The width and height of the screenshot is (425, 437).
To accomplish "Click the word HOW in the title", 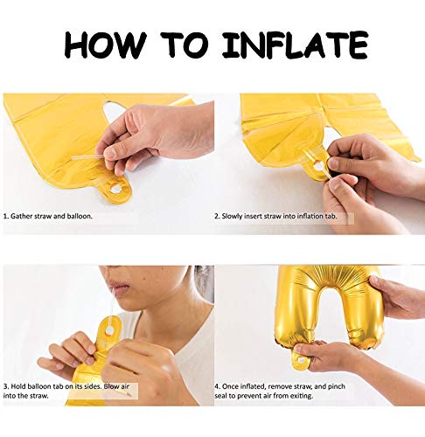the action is (x=105, y=45).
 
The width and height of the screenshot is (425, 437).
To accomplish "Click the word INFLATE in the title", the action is (x=295, y=45).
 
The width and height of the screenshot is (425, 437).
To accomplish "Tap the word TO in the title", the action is (x=185, y=45).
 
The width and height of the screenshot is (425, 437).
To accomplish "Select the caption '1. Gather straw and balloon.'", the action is (x=48, y=216).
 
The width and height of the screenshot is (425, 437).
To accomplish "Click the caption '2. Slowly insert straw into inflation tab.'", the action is (x=275, y=216).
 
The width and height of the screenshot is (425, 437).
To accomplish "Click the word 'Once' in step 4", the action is (x=231, y=386).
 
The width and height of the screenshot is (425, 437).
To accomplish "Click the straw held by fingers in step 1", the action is (x=88, y=157).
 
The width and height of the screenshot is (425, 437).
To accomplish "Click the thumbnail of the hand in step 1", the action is (x=111, y=152).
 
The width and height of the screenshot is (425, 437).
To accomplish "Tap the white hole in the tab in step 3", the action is (x=110, y=330).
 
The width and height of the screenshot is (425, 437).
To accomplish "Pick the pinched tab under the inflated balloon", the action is (x=300, y=360).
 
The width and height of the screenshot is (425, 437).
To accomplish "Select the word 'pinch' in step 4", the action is (x=336, y=386).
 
